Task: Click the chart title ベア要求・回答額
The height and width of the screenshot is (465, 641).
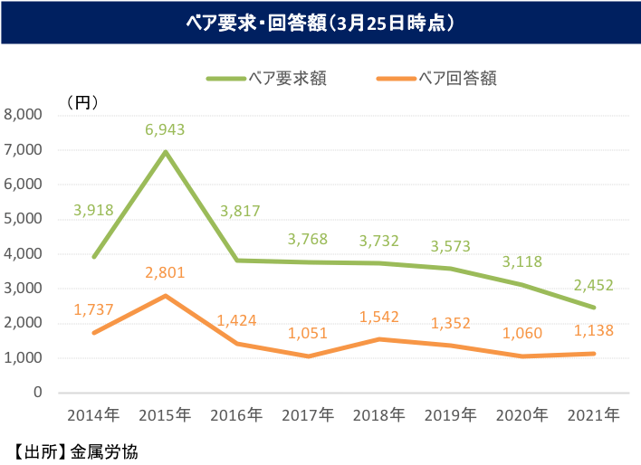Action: coord(320,22)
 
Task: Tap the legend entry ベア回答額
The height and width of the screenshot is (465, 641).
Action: coord(458,78)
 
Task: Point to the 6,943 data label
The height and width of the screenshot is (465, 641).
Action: coord(165,129)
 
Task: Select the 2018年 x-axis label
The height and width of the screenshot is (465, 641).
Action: coord(379,415)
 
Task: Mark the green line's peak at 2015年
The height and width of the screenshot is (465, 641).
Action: coord(165,151)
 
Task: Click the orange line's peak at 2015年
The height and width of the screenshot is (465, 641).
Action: coord(165,295)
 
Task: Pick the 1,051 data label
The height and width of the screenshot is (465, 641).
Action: coord(308,334)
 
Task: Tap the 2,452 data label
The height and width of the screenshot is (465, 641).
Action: coord(594,285)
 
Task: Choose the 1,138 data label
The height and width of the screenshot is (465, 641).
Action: coord(594,332)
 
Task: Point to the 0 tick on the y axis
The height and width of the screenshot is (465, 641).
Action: coord(37,393)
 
